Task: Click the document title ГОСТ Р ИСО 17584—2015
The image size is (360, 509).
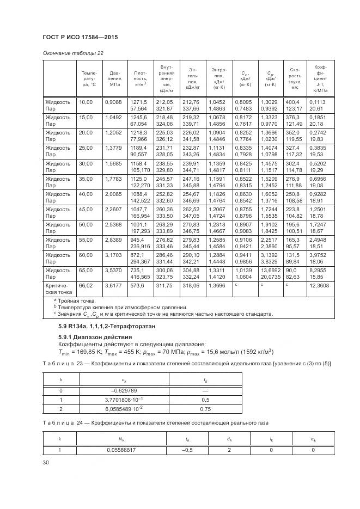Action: (80, 37)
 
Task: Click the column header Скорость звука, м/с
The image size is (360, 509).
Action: (295, 78)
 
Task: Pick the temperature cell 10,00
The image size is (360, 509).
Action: (86, 102)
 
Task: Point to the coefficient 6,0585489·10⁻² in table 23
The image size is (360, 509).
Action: (125, 408)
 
